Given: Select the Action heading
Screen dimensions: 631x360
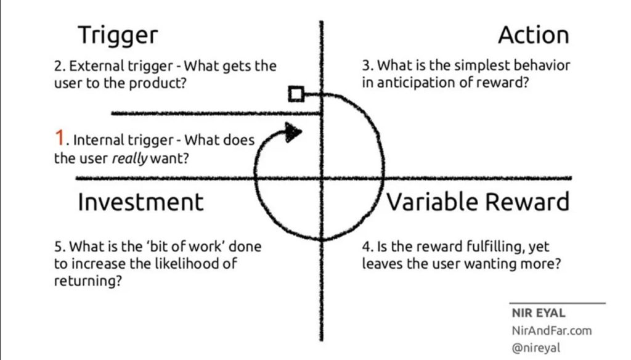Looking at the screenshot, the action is pos(534,35).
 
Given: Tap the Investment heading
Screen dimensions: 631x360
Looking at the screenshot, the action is pos(140,202).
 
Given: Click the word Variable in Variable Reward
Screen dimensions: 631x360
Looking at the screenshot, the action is pos(433,202).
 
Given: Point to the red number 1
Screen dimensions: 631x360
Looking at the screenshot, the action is pos(60,137).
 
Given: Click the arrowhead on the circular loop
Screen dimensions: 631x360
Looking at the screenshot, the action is pos(293,132).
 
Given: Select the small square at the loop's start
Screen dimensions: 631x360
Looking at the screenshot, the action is pos(296,94).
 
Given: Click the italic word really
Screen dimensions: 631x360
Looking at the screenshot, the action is pos(129,158).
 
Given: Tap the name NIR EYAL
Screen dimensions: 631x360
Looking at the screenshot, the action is pos(539,313).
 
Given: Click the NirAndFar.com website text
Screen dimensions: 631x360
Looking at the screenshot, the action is pos(552,330).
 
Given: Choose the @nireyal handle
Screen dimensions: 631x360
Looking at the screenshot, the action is pos(535,348).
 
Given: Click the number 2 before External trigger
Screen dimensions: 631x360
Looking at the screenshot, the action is pos(59,66).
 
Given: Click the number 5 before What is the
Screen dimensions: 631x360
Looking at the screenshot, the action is pos(59,247).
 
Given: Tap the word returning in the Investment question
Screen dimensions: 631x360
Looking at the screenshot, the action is pos(88,281).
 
